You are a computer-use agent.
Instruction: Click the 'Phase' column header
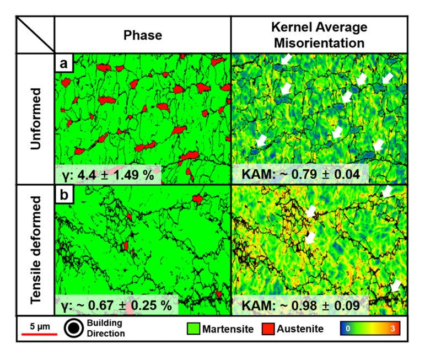(x=142, y=36)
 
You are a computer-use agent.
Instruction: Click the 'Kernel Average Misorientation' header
(x=318, y=35)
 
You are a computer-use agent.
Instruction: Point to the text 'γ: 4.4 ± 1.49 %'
(x=107, y=175)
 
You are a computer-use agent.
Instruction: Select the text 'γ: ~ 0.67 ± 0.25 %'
(x=115, y=305)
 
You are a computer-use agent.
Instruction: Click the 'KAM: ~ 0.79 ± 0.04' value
(x=301, y=175)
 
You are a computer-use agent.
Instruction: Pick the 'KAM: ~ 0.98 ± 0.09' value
(x=301, y=305)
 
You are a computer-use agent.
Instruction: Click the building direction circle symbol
(x=76, y=328)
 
